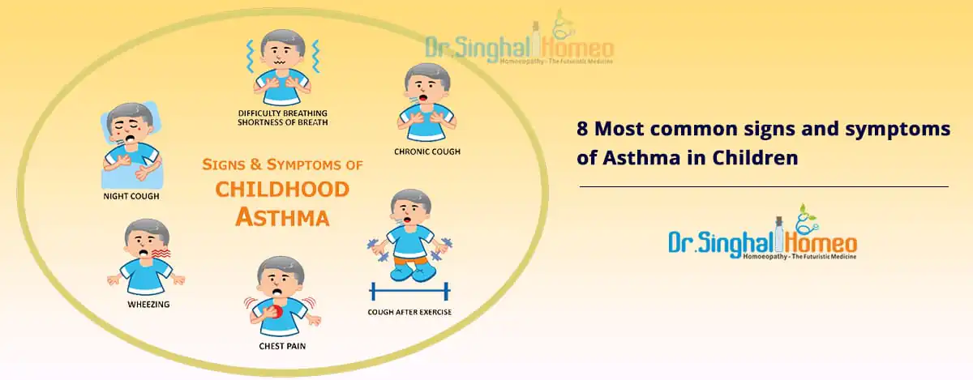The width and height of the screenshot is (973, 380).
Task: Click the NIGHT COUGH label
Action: [x=131, y=196]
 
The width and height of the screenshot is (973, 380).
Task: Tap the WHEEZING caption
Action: [x=148, y=305]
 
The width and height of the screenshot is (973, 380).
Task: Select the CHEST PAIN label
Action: [x=282, y=346]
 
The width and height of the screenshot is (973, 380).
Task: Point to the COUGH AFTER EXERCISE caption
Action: [x=409, y=312]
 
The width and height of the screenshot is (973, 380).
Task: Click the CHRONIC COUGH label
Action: [x=427, y=152]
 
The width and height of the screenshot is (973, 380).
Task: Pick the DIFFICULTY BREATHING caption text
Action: [x=282, y=113]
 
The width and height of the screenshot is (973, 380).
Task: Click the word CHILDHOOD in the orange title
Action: [x=282, y=190]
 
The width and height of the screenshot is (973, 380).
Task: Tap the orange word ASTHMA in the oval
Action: [x=282, y=217]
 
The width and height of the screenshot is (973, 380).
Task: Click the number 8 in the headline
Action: [x=582, y=129]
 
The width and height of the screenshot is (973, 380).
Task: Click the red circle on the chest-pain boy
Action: [x=275, y=312]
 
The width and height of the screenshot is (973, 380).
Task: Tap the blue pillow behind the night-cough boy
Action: [x=132, y=144]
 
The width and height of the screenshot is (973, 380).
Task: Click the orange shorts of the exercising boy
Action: [x=409, y=261]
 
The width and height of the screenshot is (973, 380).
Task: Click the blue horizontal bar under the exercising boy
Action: [x=409, y=292]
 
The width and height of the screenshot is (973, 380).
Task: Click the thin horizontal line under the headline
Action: [x=764, y=186]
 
